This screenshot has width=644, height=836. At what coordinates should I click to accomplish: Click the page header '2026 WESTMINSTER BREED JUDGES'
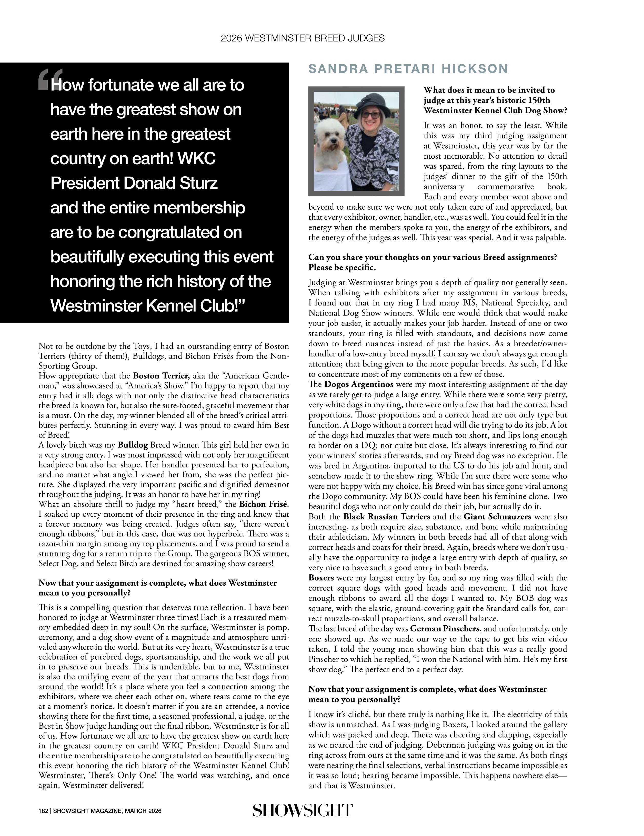(x=303, y=38)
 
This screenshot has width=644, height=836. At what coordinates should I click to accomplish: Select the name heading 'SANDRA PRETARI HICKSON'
(x=408, y=69)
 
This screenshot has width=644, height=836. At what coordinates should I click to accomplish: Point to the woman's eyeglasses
(x=370, y=115)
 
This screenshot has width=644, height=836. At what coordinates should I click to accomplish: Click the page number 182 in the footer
(x=43, y=811)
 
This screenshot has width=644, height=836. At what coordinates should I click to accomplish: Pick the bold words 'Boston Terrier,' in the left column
(x=161, y=376)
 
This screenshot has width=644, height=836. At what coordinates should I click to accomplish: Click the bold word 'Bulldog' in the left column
(x=133, y=445)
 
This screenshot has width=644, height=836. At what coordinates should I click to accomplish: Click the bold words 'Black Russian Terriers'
(x=386, y=517)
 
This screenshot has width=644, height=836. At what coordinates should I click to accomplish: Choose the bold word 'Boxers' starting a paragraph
(x=321, y=578)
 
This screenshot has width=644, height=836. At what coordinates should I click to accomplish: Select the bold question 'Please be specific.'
(x=342, y=267)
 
